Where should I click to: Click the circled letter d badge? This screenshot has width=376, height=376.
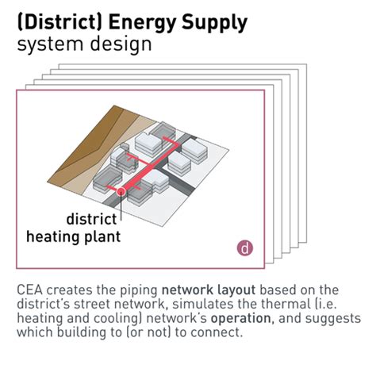[246, 247]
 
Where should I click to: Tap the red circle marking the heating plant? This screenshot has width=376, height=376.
[121, 191]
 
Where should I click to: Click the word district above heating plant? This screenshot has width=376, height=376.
[92, 218]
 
